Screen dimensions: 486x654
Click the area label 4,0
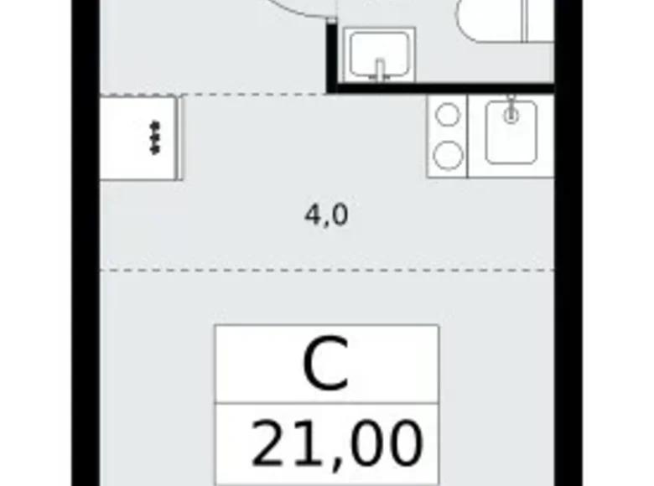click(x=326, y=216)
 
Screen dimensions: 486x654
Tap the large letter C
click(x=326, y=365)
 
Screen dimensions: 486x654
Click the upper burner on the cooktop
click(x=449, y=116)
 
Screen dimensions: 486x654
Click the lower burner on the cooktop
click(x=449, y=154)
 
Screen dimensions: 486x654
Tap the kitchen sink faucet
click(x=511, y=111)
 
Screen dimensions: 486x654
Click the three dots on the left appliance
click(x=153, y=137)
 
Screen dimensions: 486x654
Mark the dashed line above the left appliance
click(x=210, y=95)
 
